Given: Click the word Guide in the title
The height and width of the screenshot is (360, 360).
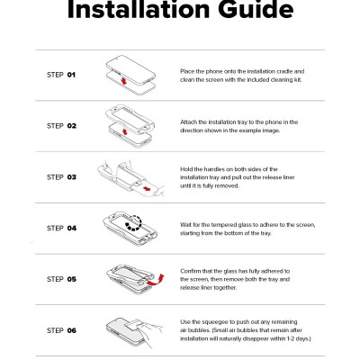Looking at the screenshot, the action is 256,9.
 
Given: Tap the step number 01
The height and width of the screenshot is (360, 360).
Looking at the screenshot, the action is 71,75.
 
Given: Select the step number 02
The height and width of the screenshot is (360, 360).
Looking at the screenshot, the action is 72,126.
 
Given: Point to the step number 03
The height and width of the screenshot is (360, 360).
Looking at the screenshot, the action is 72,177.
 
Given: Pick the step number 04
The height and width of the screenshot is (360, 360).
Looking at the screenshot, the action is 72,228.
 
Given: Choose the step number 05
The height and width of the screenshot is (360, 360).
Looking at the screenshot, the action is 72,279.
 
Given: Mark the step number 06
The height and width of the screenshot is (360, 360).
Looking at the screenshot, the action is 72,330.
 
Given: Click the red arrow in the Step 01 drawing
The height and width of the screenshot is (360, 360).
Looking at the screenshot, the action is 123,81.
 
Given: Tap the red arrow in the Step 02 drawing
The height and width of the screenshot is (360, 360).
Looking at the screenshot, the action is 125,131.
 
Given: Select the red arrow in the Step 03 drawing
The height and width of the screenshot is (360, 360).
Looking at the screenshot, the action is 147,188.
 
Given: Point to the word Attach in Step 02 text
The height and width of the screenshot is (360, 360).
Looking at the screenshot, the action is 189,122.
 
